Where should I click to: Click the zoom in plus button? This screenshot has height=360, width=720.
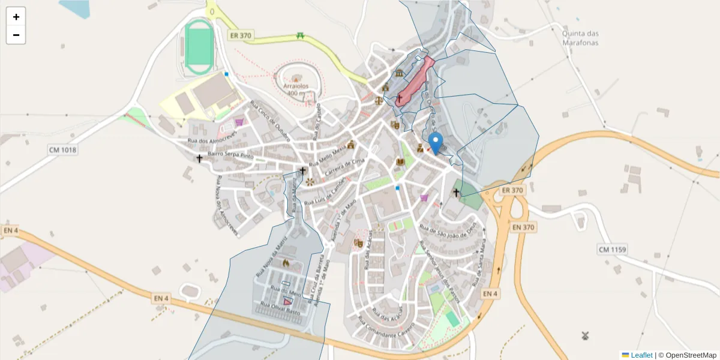click(16, 17)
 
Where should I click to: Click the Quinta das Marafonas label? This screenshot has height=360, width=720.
click(580, 38)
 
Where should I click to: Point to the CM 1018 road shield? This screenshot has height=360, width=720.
click(63, 149)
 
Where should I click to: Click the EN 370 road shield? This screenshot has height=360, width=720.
click(524, 227)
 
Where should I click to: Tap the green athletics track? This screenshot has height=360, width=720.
click(199, 45)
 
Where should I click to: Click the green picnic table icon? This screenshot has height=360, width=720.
click(301, 36)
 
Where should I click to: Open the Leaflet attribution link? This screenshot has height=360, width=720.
click(641, 355)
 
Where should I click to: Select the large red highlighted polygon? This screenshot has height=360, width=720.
click(415, 81)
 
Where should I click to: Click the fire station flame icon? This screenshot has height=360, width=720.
click(285, 263)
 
